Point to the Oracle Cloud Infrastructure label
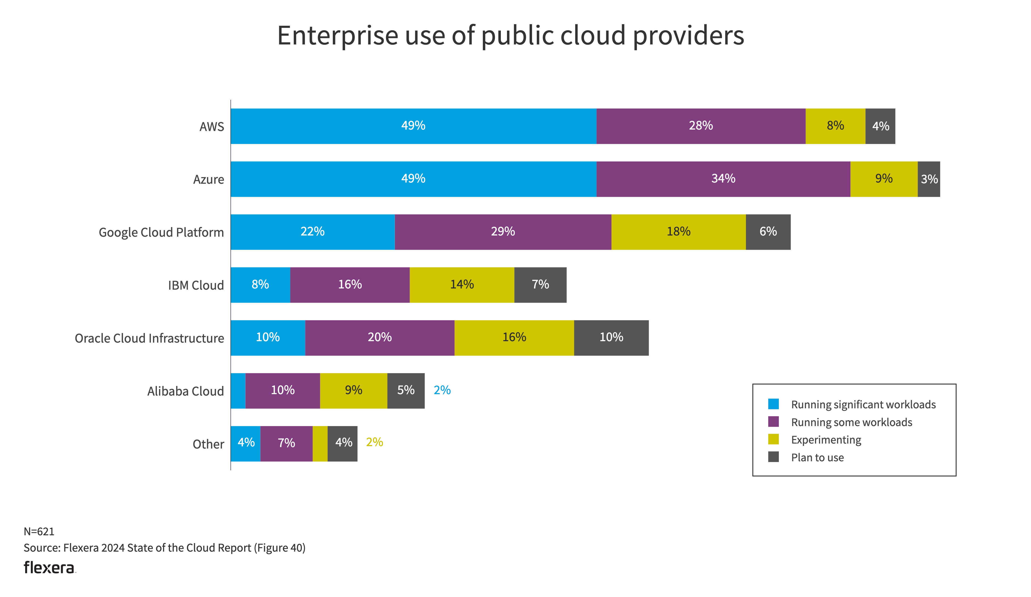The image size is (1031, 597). pos(149,338)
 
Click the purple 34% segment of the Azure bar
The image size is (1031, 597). pos(723,179)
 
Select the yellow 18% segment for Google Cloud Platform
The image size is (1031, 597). pos(678,232)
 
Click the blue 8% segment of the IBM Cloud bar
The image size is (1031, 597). pos(260,285)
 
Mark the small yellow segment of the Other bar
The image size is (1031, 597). pos(320,444)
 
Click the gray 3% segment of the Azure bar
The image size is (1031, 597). pos(929,179)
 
